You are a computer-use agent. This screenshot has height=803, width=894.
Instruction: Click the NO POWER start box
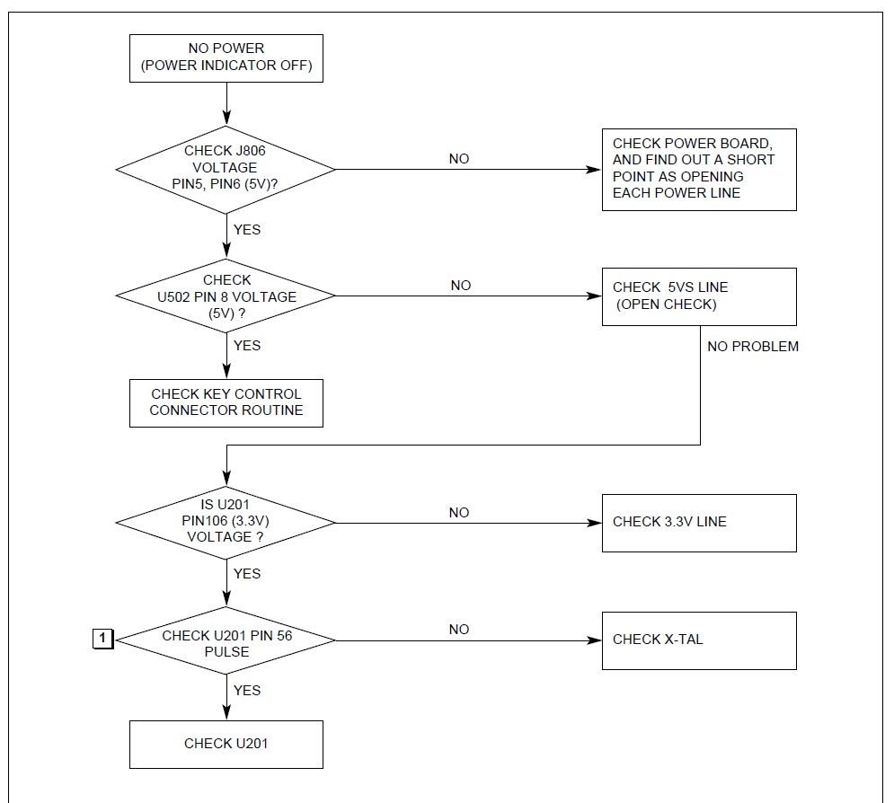226,58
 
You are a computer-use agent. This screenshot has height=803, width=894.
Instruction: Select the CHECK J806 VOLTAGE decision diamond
226,169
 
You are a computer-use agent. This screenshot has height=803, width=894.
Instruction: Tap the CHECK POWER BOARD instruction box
699,170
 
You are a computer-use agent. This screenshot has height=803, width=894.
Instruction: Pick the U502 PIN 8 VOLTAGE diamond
226,296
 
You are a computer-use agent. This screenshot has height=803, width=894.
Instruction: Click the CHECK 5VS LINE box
699,297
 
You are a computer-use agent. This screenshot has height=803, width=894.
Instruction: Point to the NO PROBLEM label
753,347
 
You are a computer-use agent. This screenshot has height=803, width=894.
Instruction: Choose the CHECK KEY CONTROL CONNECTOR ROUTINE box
226,403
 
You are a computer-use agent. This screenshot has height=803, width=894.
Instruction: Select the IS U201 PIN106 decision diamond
226,523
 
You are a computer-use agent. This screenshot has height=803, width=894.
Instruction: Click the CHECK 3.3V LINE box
699,523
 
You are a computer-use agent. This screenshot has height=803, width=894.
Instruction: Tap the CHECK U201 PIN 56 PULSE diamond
226,640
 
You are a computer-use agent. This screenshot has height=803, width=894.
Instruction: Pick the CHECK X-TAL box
699,640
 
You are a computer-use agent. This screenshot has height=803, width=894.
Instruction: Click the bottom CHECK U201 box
226,745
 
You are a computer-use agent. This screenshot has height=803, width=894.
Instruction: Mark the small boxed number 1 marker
102,639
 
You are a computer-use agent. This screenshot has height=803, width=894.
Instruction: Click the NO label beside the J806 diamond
459,159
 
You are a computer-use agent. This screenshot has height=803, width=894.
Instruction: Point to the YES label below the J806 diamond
247,230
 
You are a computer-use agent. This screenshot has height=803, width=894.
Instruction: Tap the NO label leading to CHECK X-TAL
459,630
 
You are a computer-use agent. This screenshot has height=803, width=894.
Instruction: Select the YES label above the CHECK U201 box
247,690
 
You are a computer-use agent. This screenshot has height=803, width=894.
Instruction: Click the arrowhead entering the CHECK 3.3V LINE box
594,523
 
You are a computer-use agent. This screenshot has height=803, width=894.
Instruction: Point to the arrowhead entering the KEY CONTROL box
226,371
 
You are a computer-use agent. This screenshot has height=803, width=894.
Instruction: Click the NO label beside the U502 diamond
461,286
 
